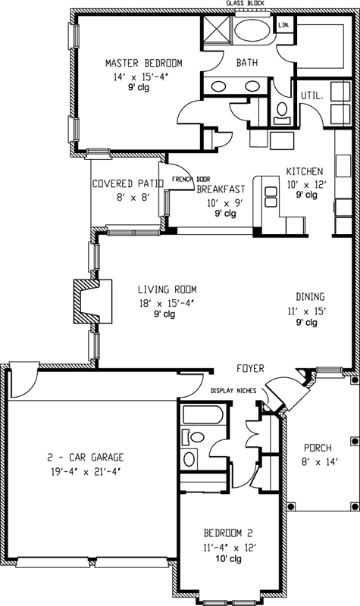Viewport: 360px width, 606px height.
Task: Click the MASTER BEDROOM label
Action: (142, 63)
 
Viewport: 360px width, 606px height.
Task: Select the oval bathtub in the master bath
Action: (250, 33)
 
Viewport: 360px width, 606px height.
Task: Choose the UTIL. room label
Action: (311, 96)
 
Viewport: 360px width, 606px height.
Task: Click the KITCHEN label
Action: (305, 171)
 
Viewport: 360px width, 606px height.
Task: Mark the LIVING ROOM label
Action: (167, 289)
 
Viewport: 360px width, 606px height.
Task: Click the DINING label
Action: (312, 298)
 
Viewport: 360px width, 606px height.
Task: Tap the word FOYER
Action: (249, 369)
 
